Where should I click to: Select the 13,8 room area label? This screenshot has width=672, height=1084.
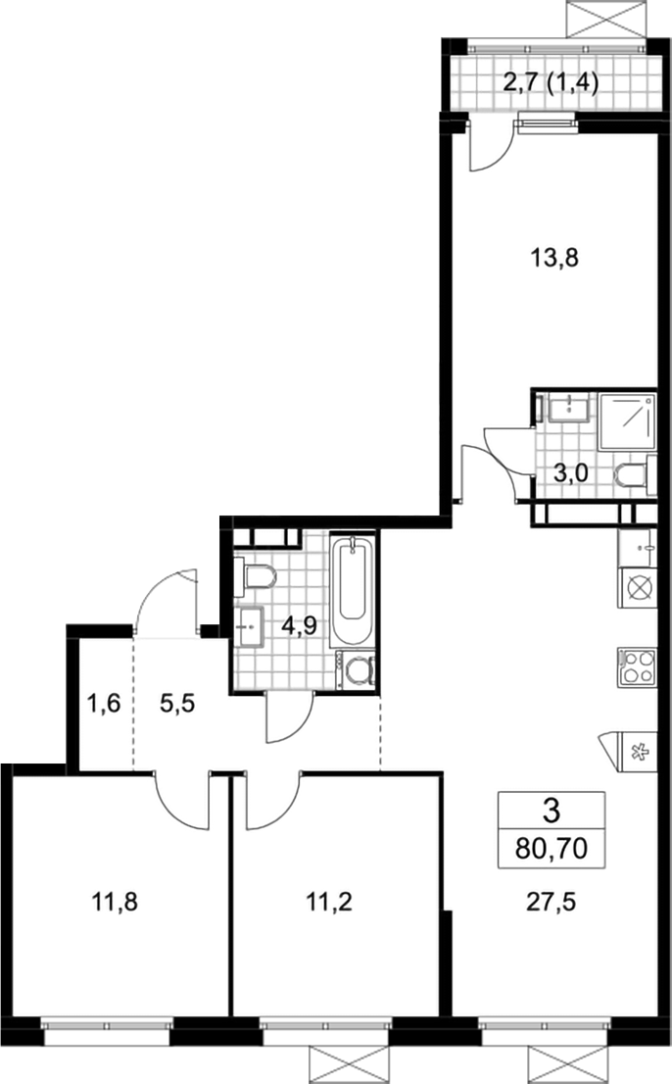point(553,259)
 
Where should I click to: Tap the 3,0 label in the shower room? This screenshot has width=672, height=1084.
point(570,473)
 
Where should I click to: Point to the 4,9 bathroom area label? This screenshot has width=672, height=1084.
point(299,626)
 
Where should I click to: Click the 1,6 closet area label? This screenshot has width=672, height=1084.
point(104,704)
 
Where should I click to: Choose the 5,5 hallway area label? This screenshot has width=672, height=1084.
point(177,704)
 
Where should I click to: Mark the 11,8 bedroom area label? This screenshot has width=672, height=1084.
point(115,902)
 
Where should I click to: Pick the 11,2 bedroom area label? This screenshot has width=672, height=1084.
point(329,902)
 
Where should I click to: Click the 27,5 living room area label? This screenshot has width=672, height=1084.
point(552,902)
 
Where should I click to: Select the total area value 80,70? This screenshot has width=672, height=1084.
point(552,847)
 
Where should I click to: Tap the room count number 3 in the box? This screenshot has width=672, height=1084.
point(552,811)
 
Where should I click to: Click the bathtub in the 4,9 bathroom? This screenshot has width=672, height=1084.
point(353,590)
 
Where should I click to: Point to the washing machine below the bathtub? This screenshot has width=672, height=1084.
point(357,669)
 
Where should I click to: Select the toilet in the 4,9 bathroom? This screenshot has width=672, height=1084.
point(255,576)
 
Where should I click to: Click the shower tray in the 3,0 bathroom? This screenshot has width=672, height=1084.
point(626,421)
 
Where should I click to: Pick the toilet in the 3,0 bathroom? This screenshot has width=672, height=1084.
point(634,475)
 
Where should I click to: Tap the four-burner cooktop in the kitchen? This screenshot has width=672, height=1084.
point(637,666)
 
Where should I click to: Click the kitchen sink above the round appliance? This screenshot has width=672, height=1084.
point(637,547)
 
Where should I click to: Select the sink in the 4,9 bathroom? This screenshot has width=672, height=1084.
point(250,627)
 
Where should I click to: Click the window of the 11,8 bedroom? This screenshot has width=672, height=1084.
point(107,1029)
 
